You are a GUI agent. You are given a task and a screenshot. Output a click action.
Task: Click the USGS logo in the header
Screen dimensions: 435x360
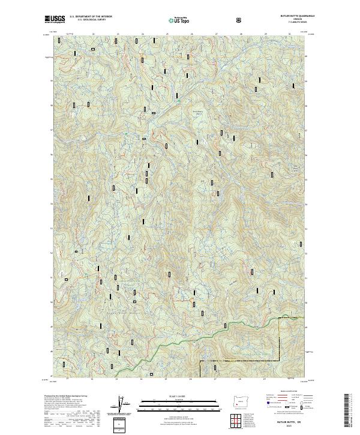(x=55, y=20)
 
